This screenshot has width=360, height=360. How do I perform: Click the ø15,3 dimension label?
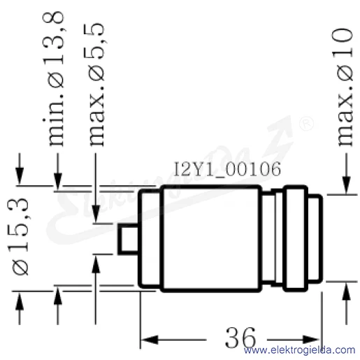(x=20, y=236)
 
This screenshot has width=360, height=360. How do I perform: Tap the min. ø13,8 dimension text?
(x=53, y=79)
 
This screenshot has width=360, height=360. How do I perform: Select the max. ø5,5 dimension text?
(x=97, y=85)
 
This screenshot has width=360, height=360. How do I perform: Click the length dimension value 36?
(x=240, y=338)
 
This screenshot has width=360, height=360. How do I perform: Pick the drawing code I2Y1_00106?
(x=228, y=169)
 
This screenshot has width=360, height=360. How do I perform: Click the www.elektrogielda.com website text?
(x=299, y=350)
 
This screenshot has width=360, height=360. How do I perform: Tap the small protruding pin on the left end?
(x=128, y=239)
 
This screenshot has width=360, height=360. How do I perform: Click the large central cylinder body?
(x=211, y=238)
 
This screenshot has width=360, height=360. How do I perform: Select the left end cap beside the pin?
(x=150, y=238)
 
